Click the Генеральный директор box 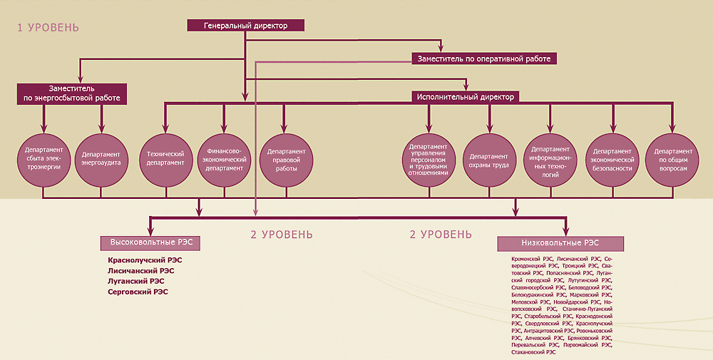(x=246, y=26)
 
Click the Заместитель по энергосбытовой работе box (x=72, y=94)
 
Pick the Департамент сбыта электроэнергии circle (x=43, y=158)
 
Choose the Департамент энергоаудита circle (x=100, y=158)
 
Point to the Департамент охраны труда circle (x=489, y=158)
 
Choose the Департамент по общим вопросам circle (x=670, y=158)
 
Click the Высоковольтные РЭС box (x=150, y=242)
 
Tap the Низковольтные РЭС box (x=560, y=243)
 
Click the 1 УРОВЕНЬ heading (x=48, y=28)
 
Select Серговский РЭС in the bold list (x=138, y=292)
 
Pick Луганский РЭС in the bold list (x=135, y=281)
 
